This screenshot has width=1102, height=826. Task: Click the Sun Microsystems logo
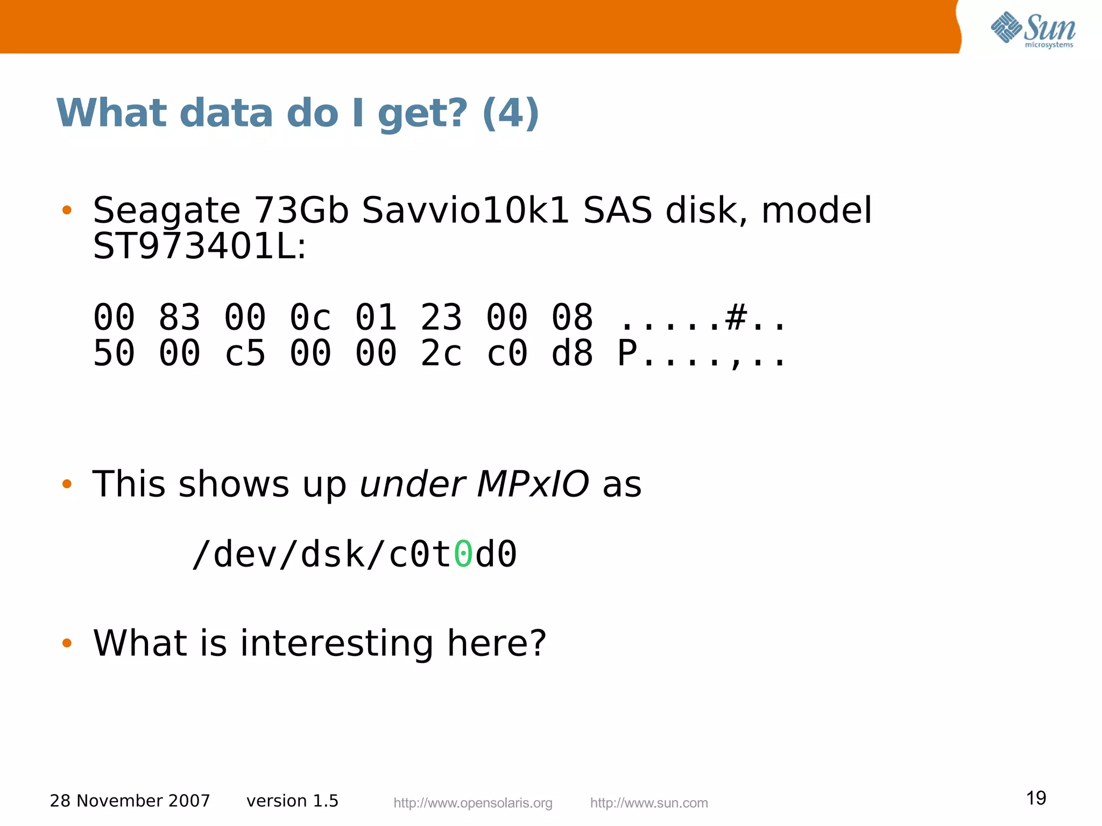tap(1033, 30)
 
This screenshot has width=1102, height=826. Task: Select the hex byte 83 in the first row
tap(179, 317)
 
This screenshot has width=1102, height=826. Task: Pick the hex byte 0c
tap(310, 317)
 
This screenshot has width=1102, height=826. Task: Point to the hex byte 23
tap(441, 317)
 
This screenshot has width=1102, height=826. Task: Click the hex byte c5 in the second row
tap(245, 354)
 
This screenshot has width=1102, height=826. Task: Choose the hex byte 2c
tap(441, 354)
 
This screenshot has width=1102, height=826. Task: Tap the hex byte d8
tap(572, 354)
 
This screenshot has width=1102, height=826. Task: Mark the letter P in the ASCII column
tap(627, 354)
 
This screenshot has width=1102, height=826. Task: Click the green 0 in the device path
tap(463, 554)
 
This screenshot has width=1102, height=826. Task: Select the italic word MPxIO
tap(533, 484)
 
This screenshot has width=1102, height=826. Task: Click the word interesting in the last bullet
tap(337, 644)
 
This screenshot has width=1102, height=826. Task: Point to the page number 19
tap(1036, 798)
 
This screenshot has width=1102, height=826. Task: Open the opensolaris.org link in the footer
tap(473, 803)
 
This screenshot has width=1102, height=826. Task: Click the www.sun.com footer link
tap(649, 803)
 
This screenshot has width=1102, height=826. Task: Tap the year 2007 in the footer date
tap(189, 801)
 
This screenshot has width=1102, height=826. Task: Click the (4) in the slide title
tap(511, 114)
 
